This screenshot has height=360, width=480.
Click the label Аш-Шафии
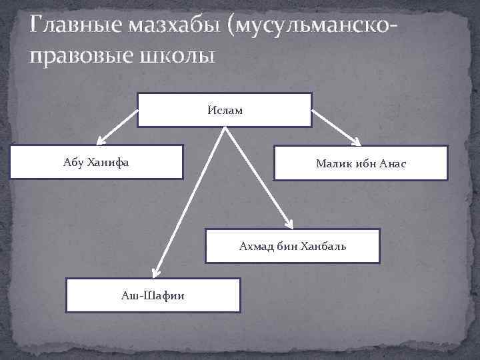click(x=153, y=295)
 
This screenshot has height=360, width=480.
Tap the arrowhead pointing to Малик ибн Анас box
click(x=356, y=142)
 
